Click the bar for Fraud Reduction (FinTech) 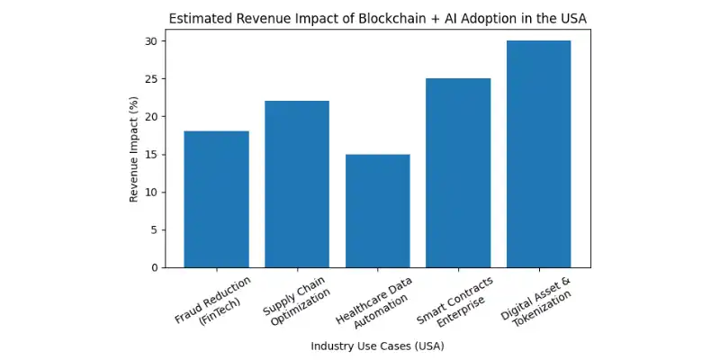click(x=216, y=200)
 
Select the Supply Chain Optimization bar click(x=297, y=184)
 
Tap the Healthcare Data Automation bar click(x=377, y=211)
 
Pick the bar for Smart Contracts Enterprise click(x=458, y=173)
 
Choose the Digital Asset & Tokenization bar click(x=538, y=154)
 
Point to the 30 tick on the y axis click(x=151, y=41)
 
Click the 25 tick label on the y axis click(x=151, y=79)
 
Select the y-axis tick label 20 click(x=151, y=117)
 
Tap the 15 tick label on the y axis click(x=151, y=155)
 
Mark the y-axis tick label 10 click(x=151, y=193)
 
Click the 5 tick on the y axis click(x=154, y=230)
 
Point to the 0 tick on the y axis click(x=154, y=268)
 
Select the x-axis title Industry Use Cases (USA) click(x=377, y=346)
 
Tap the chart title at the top click(x=377, y=19)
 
